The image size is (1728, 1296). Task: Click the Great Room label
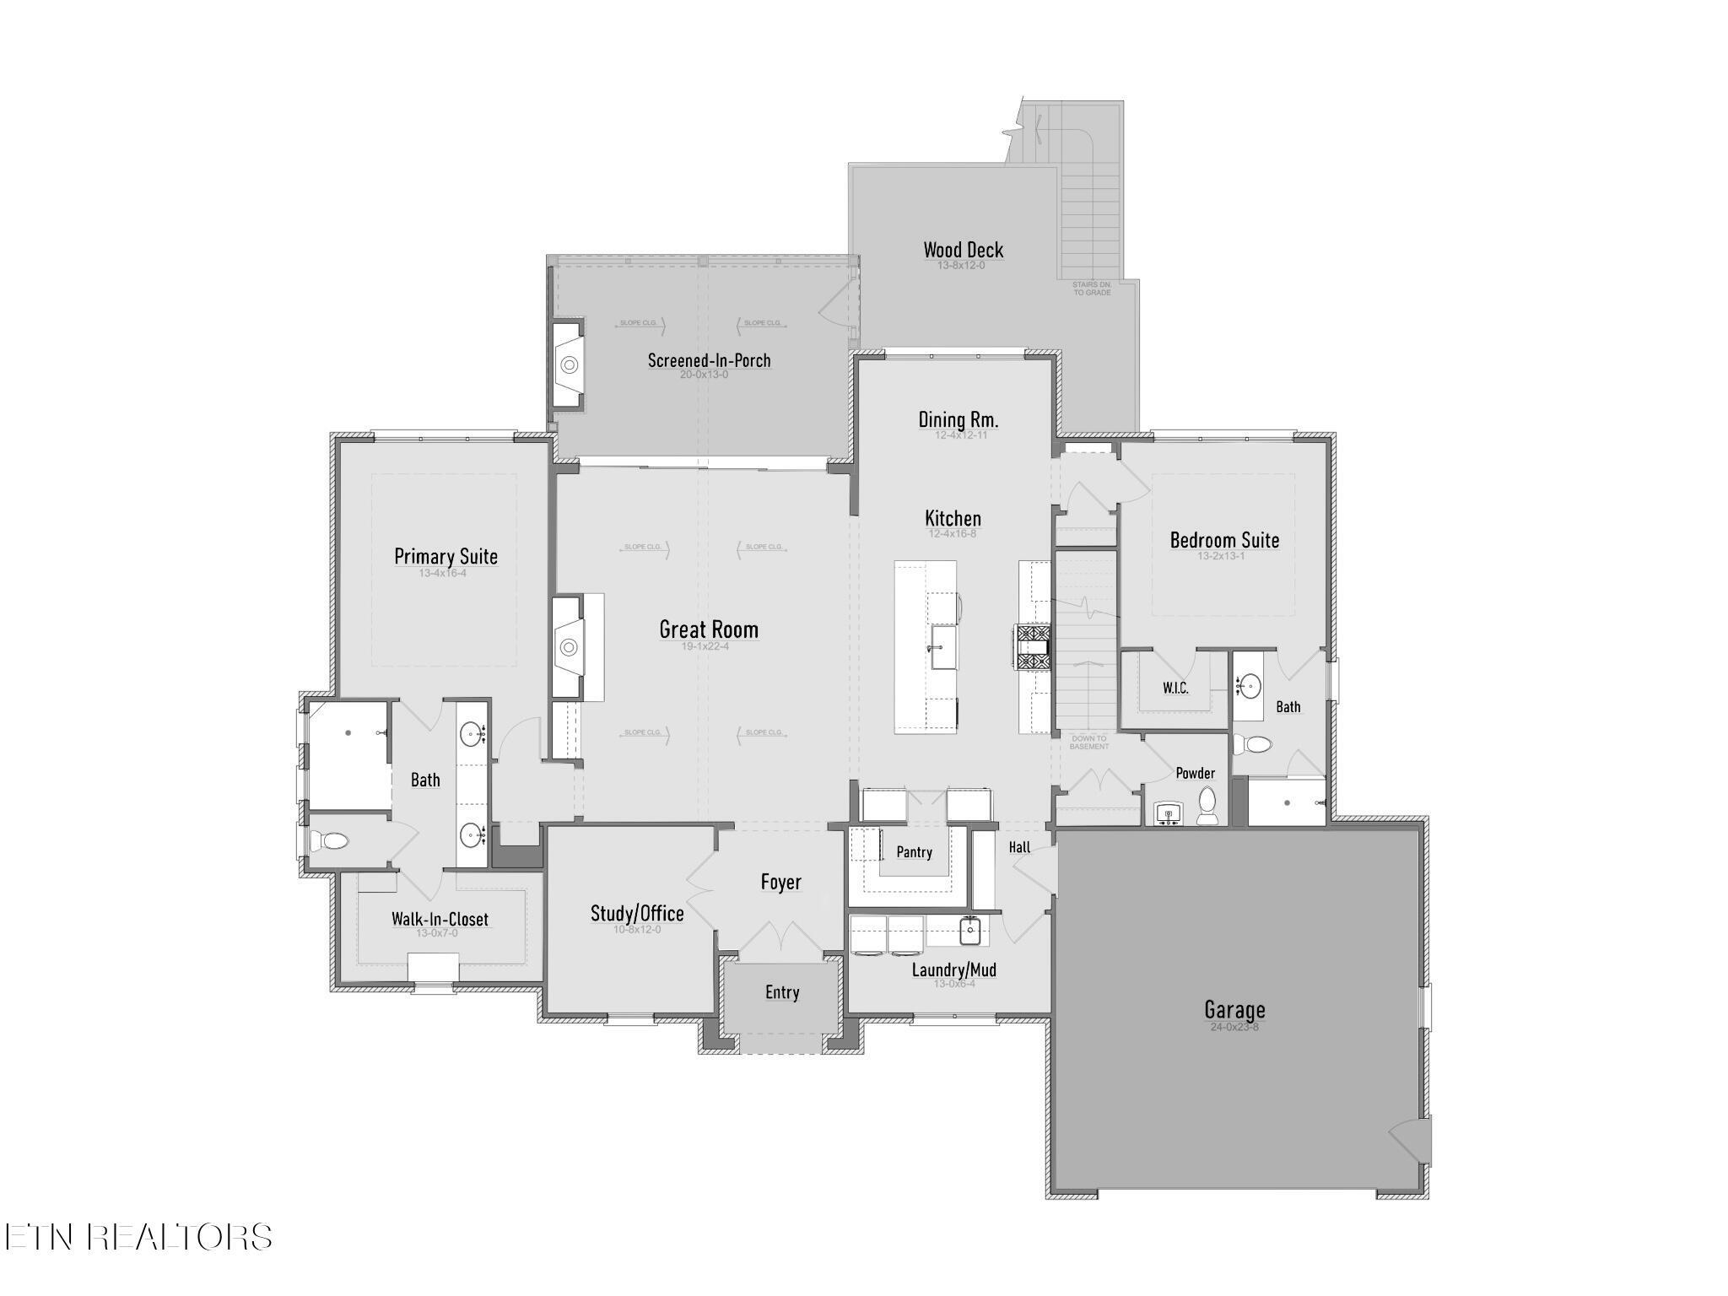pos(708,629)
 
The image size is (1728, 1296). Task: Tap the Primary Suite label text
pos(445,557)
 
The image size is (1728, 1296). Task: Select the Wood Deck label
pos(963,250)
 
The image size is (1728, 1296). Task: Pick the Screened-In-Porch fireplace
pos(569,364)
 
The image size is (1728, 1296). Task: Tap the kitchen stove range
pos(1033,647)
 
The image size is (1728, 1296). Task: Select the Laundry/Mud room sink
pos(970,932)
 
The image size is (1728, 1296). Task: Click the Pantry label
pos(914,852)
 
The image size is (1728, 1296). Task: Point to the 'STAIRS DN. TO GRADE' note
pos(1092,289)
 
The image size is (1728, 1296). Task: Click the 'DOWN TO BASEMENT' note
pos(1088,742)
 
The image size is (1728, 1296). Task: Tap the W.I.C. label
pos(1175,688)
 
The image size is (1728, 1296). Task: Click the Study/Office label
pos(637,913)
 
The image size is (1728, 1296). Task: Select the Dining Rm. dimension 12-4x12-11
pos(960,435)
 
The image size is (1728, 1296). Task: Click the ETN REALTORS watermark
pos(138,1237)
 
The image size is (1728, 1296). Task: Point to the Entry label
pos(781,992)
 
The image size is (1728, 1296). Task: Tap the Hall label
pos(1019,847)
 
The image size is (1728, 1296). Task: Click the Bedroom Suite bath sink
pos(1248,685)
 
